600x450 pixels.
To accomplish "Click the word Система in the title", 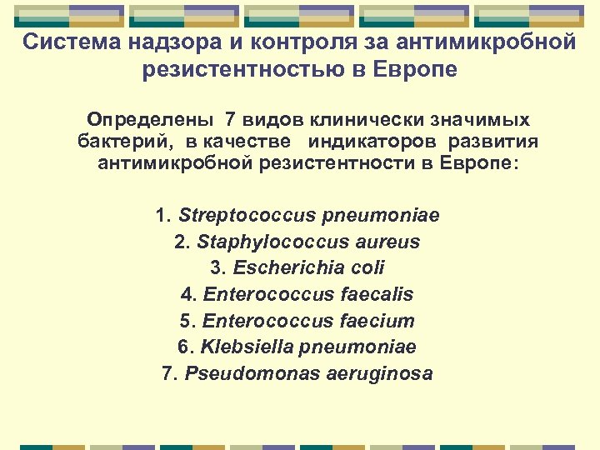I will point(64,42).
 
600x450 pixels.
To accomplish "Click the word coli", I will point(367,268).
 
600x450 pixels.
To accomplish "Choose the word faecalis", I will point(377,294).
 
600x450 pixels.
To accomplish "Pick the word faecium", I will point(378,321).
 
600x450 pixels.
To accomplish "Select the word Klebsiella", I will point(246,347).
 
